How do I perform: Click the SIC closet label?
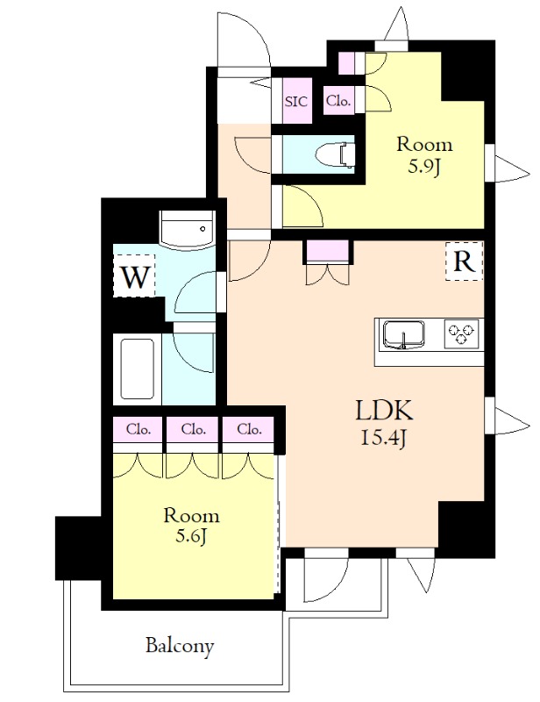coord(296,101)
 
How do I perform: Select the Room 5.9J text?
coord(424,154)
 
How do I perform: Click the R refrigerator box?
coord(464,261)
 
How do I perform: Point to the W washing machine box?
coord(134,277)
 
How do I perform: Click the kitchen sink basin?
coord(403,333)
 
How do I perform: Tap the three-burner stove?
coord(463,333)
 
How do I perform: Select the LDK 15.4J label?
coord(383,421)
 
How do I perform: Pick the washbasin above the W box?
coord(187,230)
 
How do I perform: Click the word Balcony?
coord(179,647)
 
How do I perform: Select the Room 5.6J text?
coord(190,525)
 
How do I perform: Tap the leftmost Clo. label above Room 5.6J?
coord(139,430)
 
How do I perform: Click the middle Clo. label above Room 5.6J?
coord(193,430)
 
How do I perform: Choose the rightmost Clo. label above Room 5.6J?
coord(248,430)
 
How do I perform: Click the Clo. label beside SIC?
coord(338,101)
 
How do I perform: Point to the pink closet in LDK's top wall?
coord(328,252)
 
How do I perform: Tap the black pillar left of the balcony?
coord(78,548)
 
